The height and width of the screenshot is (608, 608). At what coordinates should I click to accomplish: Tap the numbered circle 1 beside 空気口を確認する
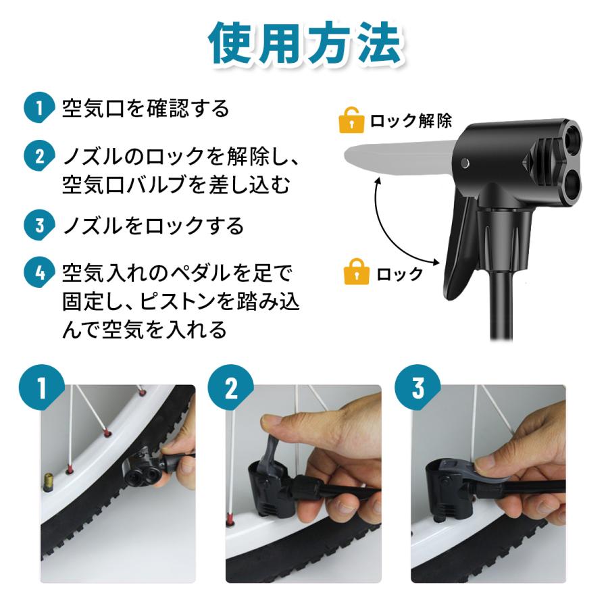[x=39, y=109]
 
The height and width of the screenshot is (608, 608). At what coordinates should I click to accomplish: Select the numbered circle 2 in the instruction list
[x=39, y=157]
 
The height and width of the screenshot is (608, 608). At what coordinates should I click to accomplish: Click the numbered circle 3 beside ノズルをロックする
[x=39, y=225]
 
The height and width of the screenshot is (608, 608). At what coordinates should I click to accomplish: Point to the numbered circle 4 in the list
[x=39, y=273]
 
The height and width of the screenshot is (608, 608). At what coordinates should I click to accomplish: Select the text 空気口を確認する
[x=146, y=109]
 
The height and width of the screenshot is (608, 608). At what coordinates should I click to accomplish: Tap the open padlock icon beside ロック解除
[x=350, y=120]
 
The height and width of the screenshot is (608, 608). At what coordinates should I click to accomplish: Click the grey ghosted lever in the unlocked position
[x=399, y=153]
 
